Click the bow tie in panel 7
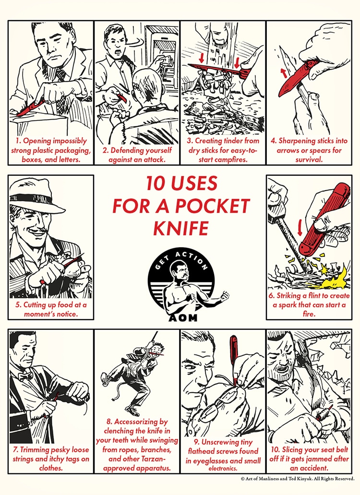(x=25, y=376)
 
